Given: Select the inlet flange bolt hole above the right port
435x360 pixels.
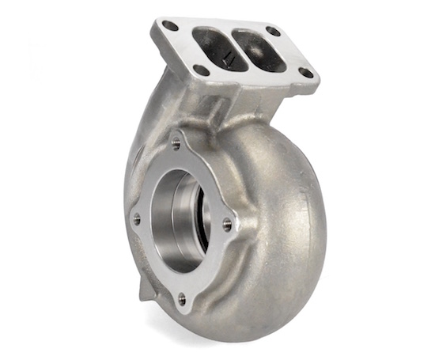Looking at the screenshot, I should [274, 32].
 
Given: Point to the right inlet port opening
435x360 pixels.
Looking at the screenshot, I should [257, 51].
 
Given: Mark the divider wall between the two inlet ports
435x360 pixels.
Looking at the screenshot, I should [235, 48].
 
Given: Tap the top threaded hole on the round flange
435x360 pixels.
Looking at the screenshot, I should [176, 144].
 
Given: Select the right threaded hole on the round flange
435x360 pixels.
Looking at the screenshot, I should [228, 224].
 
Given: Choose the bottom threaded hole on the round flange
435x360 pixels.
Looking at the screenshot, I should [182, 298].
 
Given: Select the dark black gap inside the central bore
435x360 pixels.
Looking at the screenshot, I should [203, 229].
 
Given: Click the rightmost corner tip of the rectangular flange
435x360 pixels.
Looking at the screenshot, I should [317, 78].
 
